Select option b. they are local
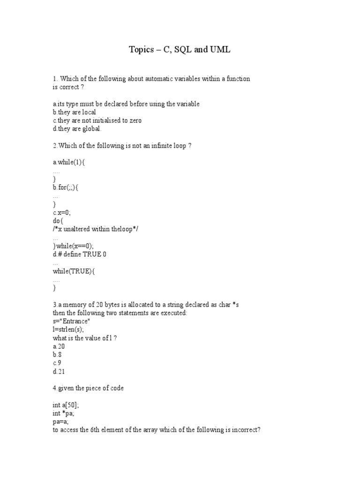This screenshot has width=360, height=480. (x=75, y=112)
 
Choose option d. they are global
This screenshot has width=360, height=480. (x=77, y=129)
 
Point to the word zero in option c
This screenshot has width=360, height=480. (x=134, y=120)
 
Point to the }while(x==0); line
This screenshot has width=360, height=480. (x=74, y=246)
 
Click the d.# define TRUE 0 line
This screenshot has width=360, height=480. (x=82, y=254)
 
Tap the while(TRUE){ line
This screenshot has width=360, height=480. (x=74, y=271)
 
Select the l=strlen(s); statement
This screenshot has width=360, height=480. (x=69, y=330)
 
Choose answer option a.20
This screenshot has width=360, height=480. (x=59, y=346)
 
